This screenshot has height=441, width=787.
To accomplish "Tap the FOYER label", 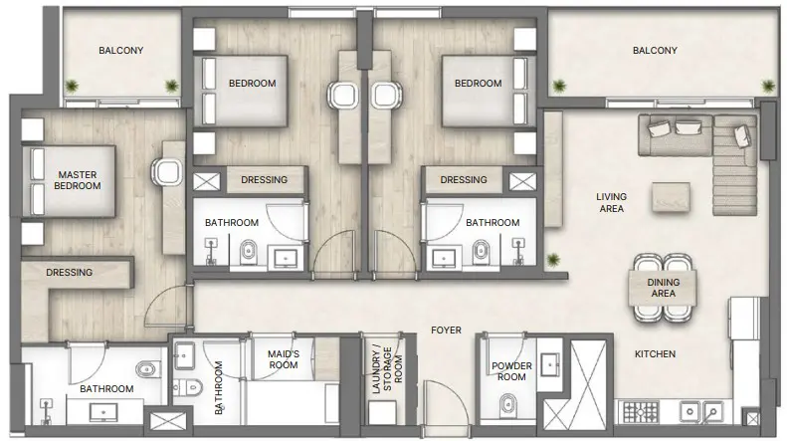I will pyautogui.click(x=445, y=330).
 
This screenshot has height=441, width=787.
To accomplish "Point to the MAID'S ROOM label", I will pyautogui.click(x=284, y=358).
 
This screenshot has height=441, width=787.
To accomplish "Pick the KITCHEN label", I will pyautogui.click(x=656, y=353).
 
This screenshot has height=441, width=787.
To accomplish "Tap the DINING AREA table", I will pyautogui.click(x=663, y=289).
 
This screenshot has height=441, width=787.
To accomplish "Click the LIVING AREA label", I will pyautogui.click(x=612, y=203).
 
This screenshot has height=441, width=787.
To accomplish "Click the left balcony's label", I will pyautogui.click(x=120, y=50).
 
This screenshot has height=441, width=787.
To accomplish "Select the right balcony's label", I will pyautogui.click(x=654, y=51).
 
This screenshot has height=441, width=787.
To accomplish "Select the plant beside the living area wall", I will pyautogui.click(x=552, y=260).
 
